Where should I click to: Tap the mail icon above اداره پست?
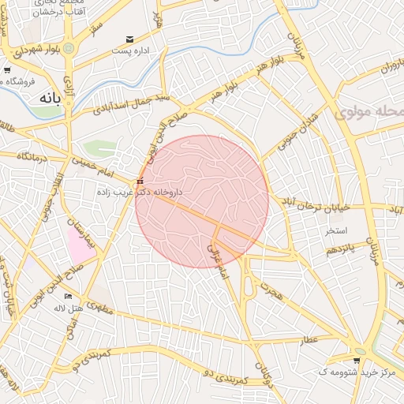[129, 39]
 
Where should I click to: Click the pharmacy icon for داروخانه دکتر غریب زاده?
[140, 181]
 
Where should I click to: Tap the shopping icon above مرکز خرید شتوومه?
[357, 361]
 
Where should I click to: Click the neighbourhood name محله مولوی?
[369, 112]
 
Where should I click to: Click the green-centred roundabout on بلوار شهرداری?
[69, 48]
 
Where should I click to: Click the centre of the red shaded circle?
[202, 201]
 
